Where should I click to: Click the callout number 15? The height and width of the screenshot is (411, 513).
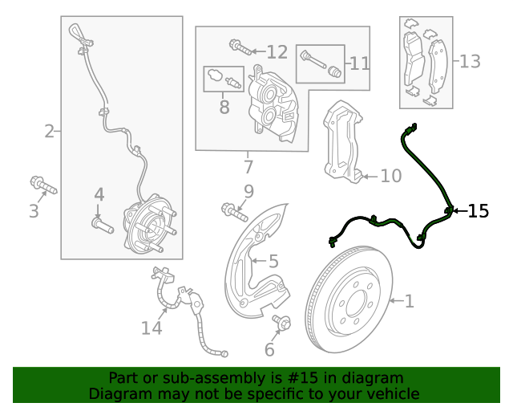tap(478, 211)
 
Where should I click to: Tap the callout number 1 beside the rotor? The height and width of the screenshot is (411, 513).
tap(409, 302)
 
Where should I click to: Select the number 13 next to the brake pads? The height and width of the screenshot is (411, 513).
tap(470, 61)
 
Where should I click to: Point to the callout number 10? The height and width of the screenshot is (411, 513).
tap(390, 176)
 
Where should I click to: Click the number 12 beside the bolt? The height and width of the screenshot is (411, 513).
tap(277, 52)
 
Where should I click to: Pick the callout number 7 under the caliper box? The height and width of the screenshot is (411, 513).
tap(248, 167)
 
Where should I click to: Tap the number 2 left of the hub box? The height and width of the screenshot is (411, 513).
tap(49, 131)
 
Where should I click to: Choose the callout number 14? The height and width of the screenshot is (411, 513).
tap(151, 328)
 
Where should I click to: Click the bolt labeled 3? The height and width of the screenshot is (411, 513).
tap(43, 186)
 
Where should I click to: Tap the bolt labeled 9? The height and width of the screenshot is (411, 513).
tap(233, 211)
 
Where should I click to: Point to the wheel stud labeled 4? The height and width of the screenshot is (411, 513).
tap(99, 225)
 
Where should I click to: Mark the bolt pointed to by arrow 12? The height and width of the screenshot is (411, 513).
tap(237, 46)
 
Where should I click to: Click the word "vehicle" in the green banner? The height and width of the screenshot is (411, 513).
tap(391, 393)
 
